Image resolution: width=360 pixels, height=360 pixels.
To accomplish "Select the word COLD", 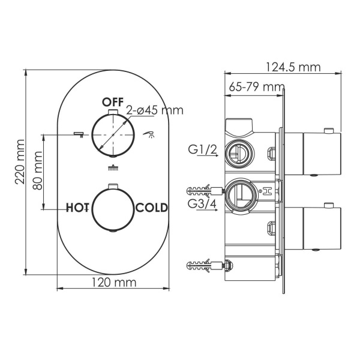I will click(152, 208).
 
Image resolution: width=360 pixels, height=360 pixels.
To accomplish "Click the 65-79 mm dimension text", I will click(256, 87).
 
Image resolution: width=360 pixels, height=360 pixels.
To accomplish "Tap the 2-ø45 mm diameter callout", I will click(154, 110).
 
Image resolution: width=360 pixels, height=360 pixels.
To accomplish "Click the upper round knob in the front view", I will click(112, 134).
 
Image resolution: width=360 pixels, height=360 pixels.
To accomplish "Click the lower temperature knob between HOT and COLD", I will click(112, 208).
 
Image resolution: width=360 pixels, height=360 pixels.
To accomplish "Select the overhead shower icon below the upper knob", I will click(112, 169).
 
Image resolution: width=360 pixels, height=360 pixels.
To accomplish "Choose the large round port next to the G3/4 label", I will click(239, 194).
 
